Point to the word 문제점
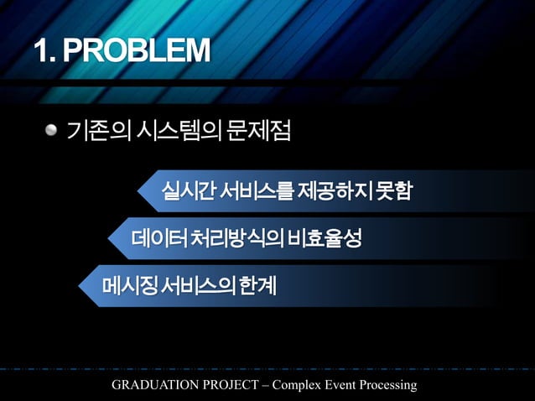pos(257,131)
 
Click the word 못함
pos(392,191)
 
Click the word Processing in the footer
pos(387,385)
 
